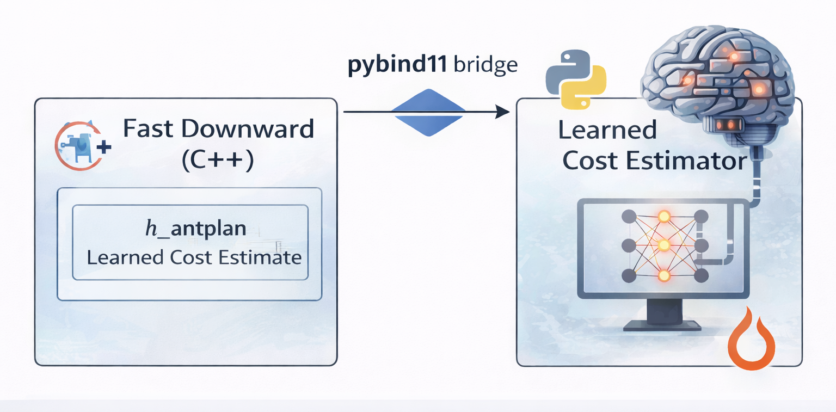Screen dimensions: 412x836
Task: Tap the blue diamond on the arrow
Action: pyautogui.click(x=428, y=113)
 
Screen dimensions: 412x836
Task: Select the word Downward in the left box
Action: pyautogui.click(x=248, y=130)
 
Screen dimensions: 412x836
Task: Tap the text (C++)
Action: pyautogui.click(x=218, y=162)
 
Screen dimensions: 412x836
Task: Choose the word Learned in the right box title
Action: pyautogui.click(x=607, y=131)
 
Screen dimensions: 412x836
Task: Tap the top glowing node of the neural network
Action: pyautogui.click(x=663, y=217)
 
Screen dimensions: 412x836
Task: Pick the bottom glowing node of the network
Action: pyautogui.click(x=663, y=275)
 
